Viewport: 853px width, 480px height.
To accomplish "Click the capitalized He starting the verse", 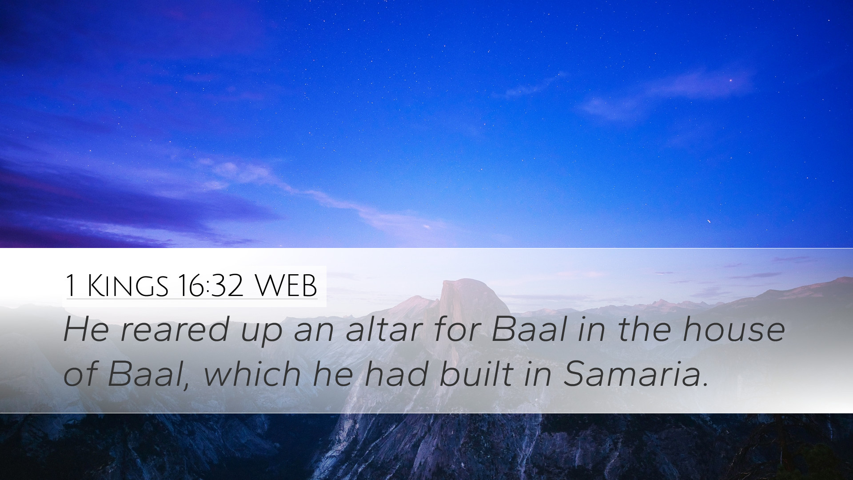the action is pos(86,330).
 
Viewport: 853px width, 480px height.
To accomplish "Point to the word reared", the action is pos(175,330).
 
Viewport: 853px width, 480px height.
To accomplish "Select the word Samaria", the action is pos(634,373).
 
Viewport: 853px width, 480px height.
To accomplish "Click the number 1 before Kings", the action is pos(70,286).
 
